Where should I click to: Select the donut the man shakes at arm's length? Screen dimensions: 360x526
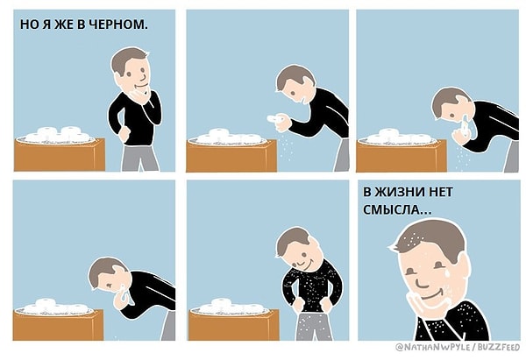pos(273,116)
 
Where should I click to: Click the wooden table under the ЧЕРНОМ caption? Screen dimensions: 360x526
pos(59,155)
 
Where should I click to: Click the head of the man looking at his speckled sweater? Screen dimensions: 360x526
pos(294,247)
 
